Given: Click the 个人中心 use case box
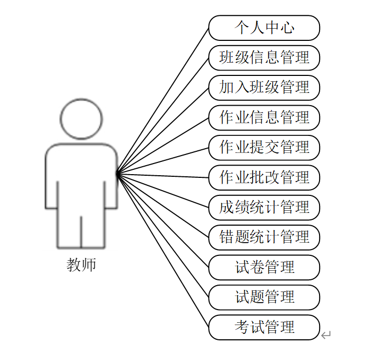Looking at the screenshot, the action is coord(264,28).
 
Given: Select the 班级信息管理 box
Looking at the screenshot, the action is coord(264,57).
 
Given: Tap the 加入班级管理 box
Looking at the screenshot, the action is coord(264,87).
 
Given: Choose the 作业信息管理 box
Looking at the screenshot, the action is coord(264,117).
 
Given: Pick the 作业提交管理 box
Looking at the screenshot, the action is coord(264,147).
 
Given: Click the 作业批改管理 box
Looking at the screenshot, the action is coord(264,177).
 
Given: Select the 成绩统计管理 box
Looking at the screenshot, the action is coord(264,207).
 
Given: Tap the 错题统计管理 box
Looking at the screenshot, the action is coord(264,237).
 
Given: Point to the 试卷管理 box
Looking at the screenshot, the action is coord(264,267).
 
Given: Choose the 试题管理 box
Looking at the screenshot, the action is coord(264,297).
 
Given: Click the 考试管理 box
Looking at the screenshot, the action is coord(264,327).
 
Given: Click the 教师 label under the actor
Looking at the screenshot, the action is coord(81,264).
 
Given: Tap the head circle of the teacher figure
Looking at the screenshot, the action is coord(81,118).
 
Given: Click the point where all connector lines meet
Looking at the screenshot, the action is coord(117,173).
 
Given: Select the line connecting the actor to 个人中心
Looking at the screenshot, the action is coord(162,101).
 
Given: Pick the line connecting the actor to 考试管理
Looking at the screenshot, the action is coord(162,249).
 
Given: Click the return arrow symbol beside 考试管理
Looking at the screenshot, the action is coord(326,335).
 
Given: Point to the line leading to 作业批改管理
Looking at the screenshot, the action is coord(162,175).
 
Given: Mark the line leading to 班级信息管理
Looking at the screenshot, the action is coord(162,116).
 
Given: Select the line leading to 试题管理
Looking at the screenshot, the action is coord(162,234).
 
